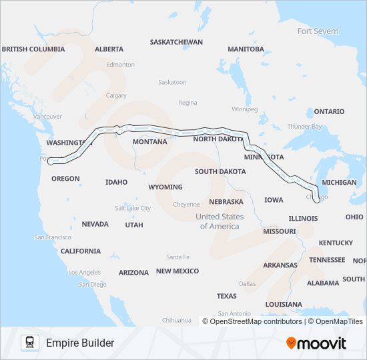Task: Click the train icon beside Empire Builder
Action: (x=29, y=343)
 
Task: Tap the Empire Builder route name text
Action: (x=80, y=343)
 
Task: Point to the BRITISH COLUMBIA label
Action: (x=33, y=49)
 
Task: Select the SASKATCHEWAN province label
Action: (x=176, y=41)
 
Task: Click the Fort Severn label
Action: (x=318, y=31)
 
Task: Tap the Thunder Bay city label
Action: (x=304, y=127)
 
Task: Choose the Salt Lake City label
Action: (x=133, y=208)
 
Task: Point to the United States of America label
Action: (x=220, y=221)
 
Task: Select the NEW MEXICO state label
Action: (x=177, y=271)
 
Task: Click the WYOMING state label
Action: (x=165, y=187)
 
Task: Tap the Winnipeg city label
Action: (x=244, y=109)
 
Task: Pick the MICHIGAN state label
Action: (x=339, y=182)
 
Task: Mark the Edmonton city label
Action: (x=120, y=65)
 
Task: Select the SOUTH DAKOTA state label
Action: (x=221, y=171)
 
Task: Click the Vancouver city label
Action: (x=47, y=117)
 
